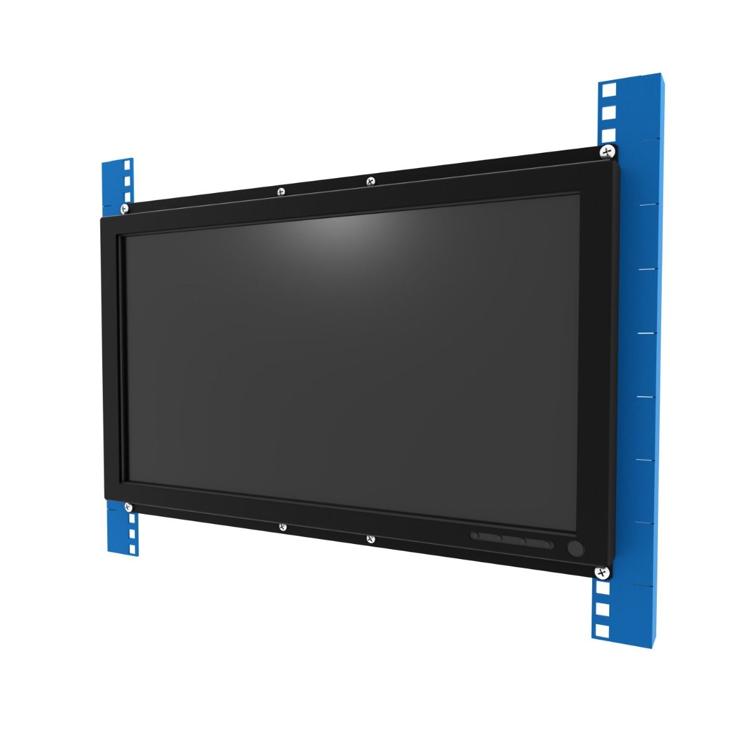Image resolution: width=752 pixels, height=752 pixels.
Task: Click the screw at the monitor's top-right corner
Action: point(607,151)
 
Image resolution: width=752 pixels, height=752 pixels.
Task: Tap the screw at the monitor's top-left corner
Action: point(124,208)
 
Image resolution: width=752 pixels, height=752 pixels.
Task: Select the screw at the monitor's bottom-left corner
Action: point(128,507)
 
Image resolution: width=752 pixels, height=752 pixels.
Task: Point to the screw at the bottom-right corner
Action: point(602,572)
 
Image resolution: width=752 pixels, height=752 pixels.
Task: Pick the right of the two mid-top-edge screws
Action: point(370,181)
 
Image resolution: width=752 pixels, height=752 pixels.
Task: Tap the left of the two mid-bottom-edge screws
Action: point(283,527)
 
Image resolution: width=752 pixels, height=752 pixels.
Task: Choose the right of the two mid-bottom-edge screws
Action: point(370,538)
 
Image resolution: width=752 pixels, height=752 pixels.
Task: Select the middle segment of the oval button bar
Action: point(513,541)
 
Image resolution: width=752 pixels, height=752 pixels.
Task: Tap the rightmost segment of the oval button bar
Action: point(540,545)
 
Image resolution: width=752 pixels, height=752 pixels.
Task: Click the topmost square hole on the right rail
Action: point(606,89)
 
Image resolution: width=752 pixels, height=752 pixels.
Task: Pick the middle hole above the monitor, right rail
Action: point(606,113)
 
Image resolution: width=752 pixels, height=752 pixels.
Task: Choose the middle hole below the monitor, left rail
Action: point(131,534)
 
